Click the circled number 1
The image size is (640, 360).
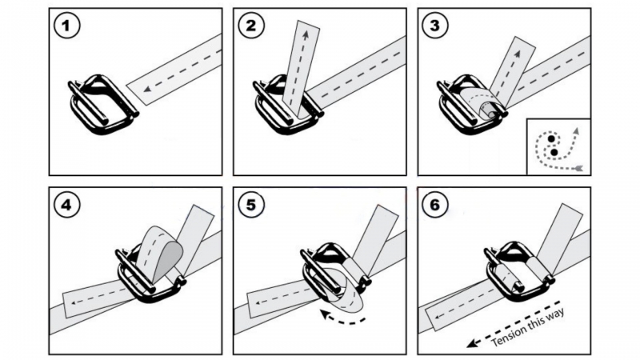tap(66, 26)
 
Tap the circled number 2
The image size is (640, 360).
tap(251, 26)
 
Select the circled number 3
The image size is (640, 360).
tap(435, 26)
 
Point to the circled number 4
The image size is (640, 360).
tap(66, 205)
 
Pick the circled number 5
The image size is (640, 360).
tap(251, 205)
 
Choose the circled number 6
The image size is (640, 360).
tap(435, 205)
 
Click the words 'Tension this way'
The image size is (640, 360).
tap(527, 327)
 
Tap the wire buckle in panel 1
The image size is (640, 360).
tap(103, 105)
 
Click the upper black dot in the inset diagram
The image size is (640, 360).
tap(551, 139)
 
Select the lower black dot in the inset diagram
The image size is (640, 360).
tap(554, 152)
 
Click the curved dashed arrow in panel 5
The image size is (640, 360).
tap(342, 318)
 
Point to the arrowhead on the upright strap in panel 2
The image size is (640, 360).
tap(305, 35)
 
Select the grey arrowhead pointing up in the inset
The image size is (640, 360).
tap(575, 130)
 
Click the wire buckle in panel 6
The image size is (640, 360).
tap(519, 270)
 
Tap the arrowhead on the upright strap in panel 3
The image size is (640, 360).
tap(518, 53)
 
